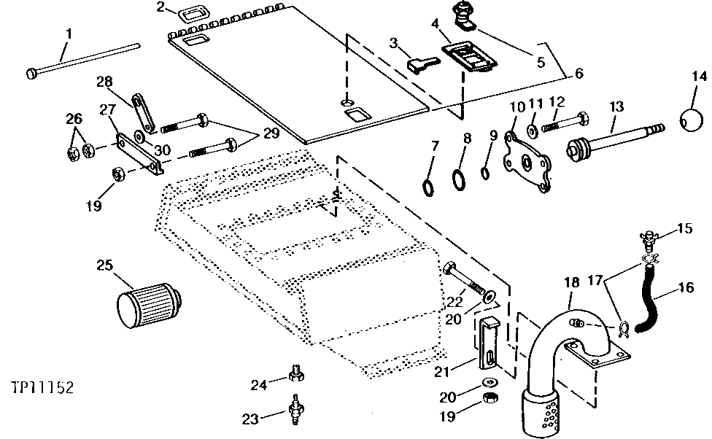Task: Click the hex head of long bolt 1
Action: pyautogui.click(x=33, y=73)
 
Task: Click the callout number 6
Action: pyautogui.click(x=579, y=73)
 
